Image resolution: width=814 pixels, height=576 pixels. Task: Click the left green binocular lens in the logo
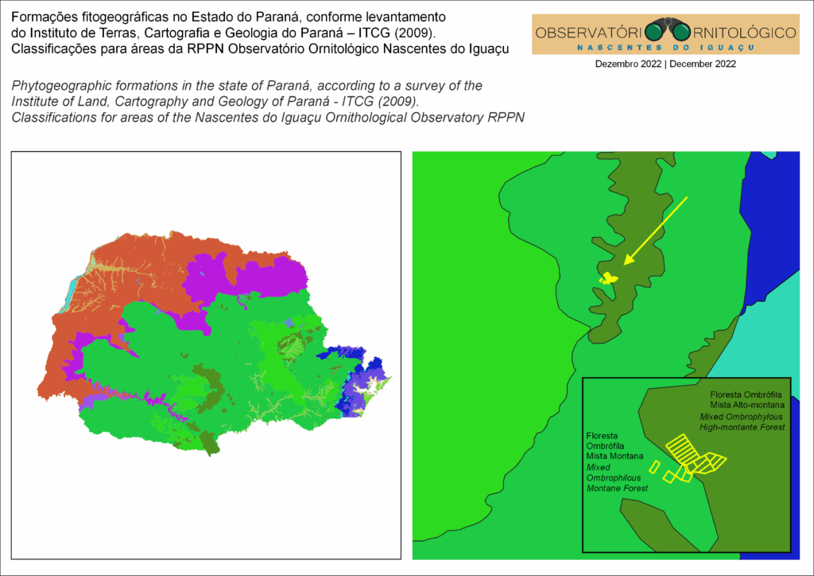coord(654,32)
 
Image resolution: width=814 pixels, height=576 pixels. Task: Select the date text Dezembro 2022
coord(629,64)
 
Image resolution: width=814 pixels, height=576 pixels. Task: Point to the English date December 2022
coord(703,64)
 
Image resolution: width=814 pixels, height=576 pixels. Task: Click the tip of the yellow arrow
coord(626,263)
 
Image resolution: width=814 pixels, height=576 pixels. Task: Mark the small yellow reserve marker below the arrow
coord(608,278)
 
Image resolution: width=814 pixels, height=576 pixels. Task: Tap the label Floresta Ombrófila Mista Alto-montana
coord(746,400)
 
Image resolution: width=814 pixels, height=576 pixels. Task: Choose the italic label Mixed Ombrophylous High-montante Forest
coord(742,422)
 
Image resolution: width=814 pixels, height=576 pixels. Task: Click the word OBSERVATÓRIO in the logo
coord(588,33)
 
